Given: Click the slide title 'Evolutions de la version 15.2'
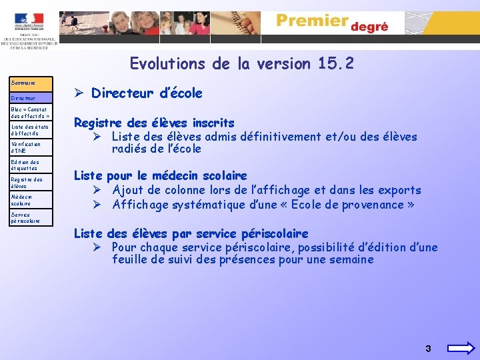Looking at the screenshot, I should point(242,65).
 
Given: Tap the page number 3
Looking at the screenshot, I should point(428,349).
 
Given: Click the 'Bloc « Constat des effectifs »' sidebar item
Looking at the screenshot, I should point(31,112).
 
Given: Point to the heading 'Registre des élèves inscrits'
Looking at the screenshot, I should point(154,123).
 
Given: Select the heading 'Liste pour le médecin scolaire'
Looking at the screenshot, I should point(160,176).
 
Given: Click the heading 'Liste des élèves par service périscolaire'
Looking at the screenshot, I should point(191,233).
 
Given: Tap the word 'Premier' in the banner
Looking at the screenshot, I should point(312,21).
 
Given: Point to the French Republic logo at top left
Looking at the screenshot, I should point(29,22).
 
